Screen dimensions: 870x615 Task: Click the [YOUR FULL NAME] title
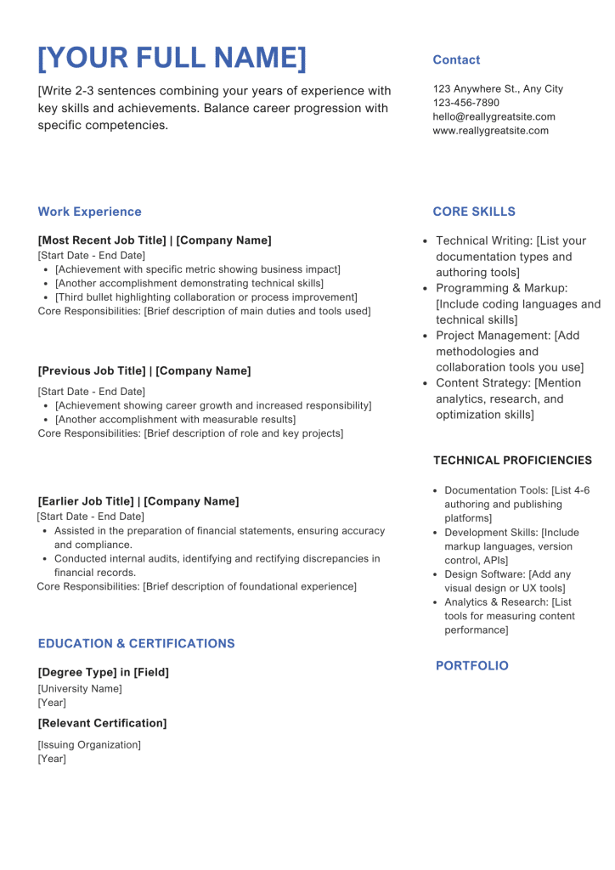coord(172,58)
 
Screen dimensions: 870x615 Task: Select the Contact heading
coord(456,60)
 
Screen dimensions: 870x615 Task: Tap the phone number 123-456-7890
coord(466,103)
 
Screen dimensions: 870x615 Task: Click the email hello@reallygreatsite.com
coord(494,116)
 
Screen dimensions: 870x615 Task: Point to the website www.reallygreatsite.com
coord(490,131)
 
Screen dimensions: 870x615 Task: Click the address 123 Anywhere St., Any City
coord(498,89)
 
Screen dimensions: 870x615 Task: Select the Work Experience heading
coord(89,212)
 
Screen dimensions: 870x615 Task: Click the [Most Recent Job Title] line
coord(155,240)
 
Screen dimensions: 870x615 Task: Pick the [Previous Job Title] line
coord(144,371)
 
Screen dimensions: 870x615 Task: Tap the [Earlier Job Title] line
coord(138,501)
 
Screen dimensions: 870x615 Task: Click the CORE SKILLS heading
coord(474,212)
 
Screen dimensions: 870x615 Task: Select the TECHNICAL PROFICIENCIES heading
coord(512,460)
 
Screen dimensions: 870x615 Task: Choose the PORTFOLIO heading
coord(472,666)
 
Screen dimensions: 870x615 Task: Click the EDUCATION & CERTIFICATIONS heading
coord(136,644)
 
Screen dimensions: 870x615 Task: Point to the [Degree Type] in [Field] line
coord(103,672)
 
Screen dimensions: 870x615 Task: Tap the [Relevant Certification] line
coord(102,723)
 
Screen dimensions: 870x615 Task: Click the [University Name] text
coord(80,689)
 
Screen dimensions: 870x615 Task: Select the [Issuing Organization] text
coord(89,745)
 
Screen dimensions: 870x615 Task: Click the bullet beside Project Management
coord(426,336)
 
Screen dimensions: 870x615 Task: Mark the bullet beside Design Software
coord(435,575)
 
